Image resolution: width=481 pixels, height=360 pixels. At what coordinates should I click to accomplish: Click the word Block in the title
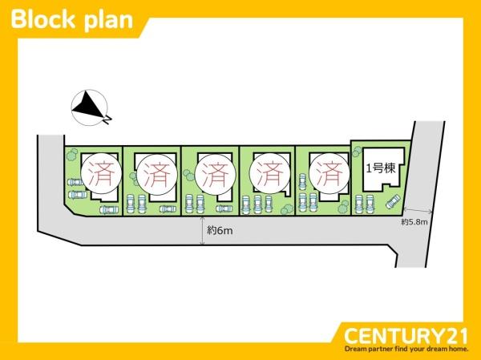(43, 19)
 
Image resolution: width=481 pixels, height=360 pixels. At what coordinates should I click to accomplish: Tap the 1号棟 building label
(381, 168)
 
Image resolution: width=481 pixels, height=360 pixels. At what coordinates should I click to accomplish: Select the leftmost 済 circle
(102, 174)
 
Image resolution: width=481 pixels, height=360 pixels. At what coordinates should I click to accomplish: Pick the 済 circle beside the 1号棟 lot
(329, 174)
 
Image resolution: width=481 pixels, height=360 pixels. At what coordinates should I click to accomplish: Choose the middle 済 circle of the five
(216, 174)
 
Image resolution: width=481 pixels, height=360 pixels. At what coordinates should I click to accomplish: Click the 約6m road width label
(220, 230)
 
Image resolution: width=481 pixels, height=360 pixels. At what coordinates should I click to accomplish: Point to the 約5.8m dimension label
(414, 222)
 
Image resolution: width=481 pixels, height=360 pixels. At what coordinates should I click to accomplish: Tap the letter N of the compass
(107, 119)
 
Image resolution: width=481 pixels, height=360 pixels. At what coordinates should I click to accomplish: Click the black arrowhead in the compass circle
(88, 104)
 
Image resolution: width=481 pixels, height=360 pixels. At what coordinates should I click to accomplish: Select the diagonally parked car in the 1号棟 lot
(393, 201)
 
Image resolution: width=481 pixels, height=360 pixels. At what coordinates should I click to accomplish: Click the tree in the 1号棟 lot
(358, 152)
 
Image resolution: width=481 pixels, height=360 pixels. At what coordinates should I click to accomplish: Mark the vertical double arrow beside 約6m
(202, 231)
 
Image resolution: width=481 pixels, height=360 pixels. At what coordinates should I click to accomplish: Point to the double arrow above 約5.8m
(418, 210)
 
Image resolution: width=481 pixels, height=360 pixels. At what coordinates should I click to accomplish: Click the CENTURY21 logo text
(406, 336)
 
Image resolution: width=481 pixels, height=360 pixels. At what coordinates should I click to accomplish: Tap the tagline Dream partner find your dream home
(406, 349)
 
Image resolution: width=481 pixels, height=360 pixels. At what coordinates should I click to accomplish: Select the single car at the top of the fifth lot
(302, 182)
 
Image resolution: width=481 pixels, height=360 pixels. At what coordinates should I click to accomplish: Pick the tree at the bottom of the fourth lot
(287, 209)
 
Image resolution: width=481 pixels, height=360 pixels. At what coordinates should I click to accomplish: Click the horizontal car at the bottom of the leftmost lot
(109, 209)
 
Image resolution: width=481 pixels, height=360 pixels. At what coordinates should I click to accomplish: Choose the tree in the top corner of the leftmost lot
(72, 154)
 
